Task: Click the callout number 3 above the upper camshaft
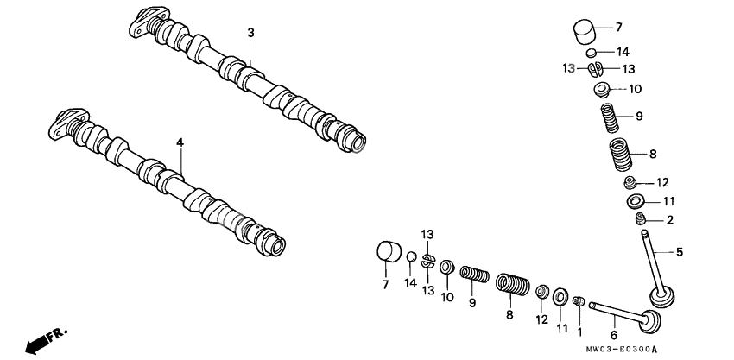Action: (250, 33)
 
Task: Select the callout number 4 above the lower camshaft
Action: (180, 141)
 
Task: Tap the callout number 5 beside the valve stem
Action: (679, 252)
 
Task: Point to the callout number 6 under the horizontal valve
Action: (613, 335)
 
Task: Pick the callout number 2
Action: (669, 220)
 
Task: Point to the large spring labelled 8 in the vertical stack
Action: (622, 155)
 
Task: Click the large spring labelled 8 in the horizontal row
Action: (511, 285)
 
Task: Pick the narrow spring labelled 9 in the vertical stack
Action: (609, 117)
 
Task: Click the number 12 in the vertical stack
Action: (662, 182)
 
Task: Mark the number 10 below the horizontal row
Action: (446, 298)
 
